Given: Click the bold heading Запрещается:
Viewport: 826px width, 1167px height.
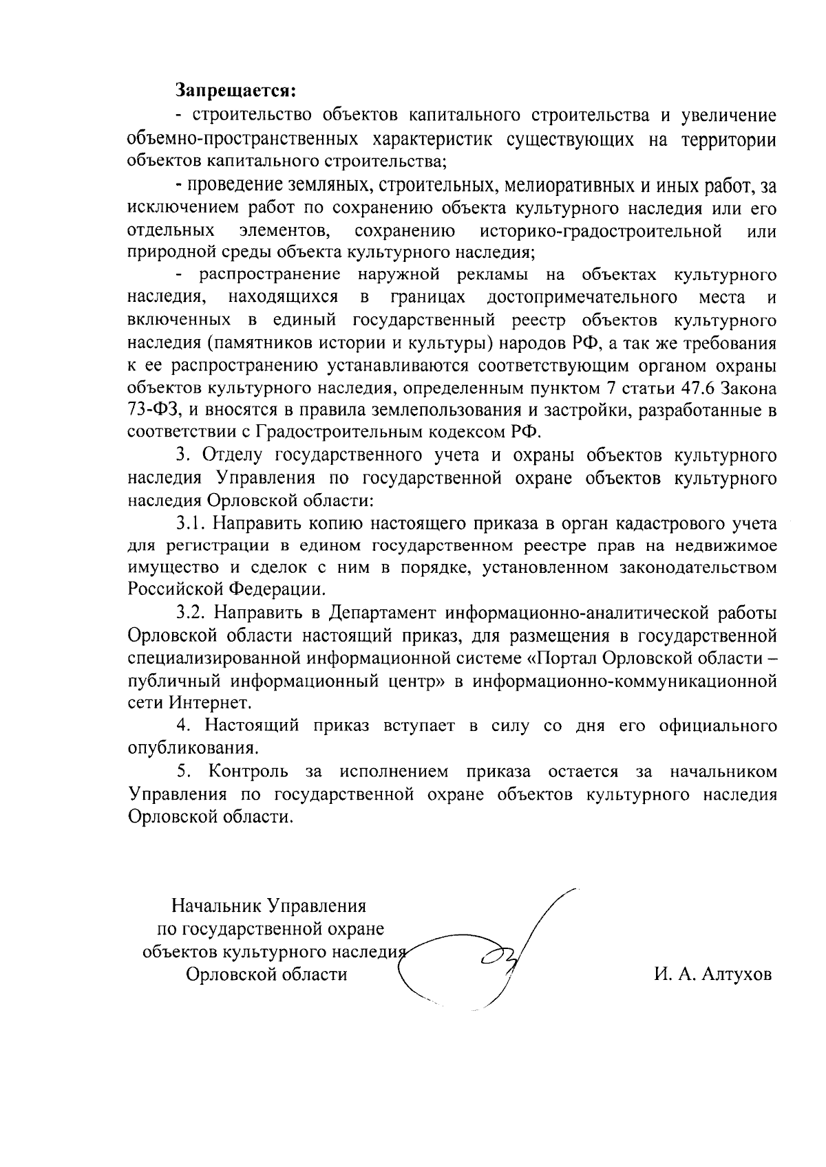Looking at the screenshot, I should pos(235,90).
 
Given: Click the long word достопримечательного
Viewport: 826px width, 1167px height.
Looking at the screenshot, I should pos(580,298).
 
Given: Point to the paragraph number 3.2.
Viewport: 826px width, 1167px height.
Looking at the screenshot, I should pos(192,613).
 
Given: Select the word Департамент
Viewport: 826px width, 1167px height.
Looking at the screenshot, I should pos(381,613).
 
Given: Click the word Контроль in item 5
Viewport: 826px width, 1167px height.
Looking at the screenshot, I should pos(248,772).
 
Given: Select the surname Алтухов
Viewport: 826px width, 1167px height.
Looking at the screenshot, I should pos(736,974).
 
